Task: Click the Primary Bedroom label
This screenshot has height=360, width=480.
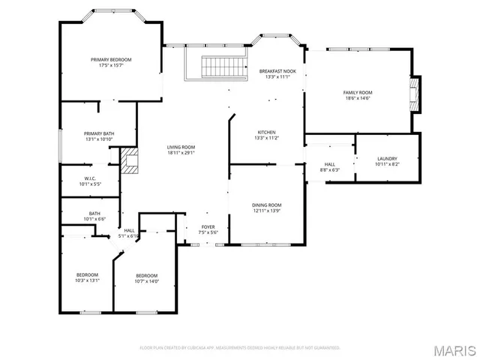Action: (111, 59)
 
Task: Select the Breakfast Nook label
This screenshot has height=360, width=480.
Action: (277, 71)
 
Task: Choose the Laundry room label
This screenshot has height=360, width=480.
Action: (387, 158)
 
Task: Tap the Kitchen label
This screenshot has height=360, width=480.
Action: (266, 132)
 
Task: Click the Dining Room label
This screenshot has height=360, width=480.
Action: (266, 205)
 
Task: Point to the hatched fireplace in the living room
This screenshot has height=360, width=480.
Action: (130, 160)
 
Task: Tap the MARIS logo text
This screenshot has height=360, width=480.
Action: (453, 349)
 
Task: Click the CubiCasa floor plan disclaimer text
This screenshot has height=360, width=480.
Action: (240, 347)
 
